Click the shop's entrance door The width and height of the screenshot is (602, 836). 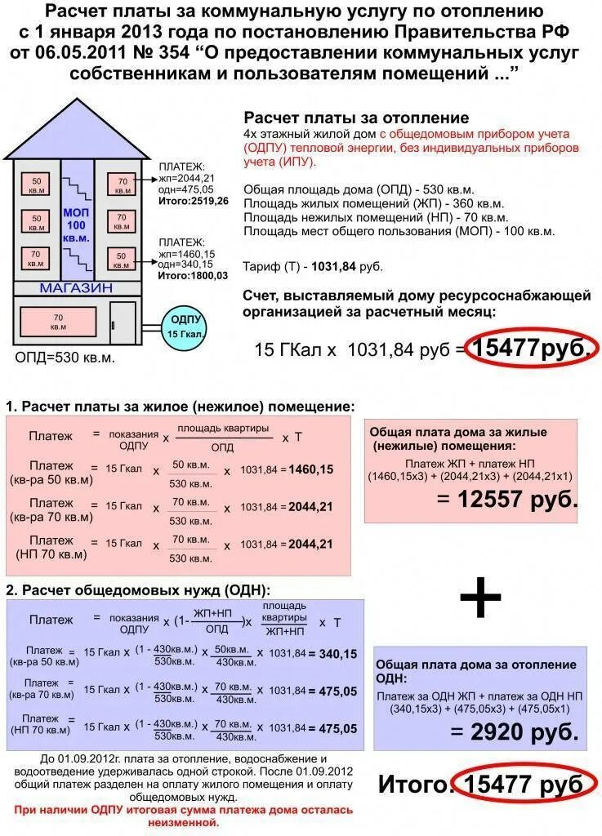[123, 324]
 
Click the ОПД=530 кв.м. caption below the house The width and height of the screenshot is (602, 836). [65, 358]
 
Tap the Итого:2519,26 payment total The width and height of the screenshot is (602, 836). [194, 200]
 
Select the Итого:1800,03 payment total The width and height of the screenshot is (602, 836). [194, 276]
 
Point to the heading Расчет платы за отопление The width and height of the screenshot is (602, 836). [356, 118]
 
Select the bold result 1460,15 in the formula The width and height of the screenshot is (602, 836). [311, 469]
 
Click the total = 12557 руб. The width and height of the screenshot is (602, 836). [507, 499]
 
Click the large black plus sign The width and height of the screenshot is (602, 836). [479, 599]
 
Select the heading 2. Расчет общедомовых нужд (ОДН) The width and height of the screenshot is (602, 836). [137, 589]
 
